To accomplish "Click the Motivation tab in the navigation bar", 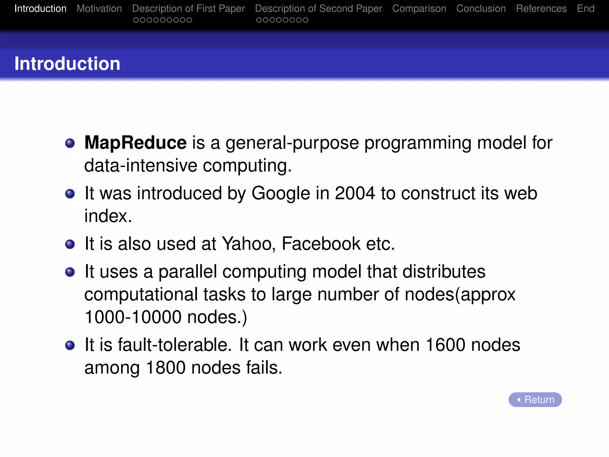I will pos(99,9).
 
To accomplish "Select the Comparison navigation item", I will pos(419,9).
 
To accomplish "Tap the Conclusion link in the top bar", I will pos(481,9).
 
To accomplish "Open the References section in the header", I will pos(541,9).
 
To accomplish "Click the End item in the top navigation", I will pos(586,9).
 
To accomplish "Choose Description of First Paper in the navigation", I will pos(188,9).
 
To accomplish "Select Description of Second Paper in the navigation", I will pos(318,9).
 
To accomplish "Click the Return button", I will pos(535,399).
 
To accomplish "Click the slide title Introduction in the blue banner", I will pos(67,64).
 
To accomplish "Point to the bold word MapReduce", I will pos(135,143).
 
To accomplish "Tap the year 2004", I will pos(355,193).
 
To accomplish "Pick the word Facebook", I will pos(321,244).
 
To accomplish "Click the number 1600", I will pos(445,345).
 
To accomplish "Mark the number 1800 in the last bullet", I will pos(166,368).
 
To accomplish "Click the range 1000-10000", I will pos(133,317).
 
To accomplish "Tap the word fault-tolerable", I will pos(175,345).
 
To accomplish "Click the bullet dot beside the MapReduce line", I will pos(70,143).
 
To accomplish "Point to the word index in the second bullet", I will pos(108,216).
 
